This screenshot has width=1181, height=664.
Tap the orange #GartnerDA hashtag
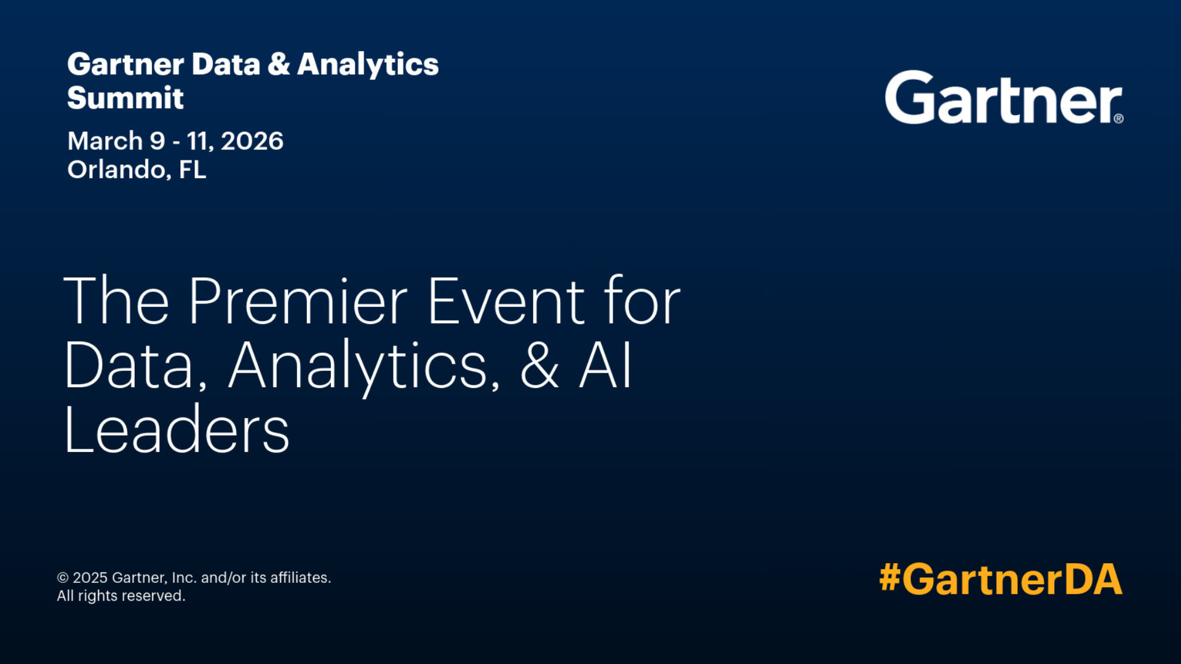click(1001, 579)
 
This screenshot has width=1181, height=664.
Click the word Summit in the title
click(125, 98)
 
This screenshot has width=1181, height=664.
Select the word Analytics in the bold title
click(368, 65)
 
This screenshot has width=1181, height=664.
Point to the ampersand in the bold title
click(279, 64)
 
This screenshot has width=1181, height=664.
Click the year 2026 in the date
click(252, 141)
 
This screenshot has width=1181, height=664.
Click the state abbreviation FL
click(193, 169)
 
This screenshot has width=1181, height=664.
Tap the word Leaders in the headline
click(177, 430)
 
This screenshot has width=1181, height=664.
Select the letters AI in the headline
click(606, 365)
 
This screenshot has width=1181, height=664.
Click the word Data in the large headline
click(135, 366)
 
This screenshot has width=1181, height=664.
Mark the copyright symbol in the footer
click(63, 578)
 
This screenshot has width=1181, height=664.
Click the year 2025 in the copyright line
click(90, 578)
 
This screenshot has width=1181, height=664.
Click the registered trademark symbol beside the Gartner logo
click(1119, 119)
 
